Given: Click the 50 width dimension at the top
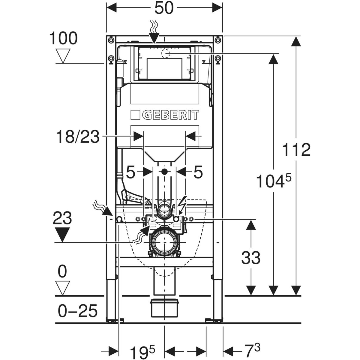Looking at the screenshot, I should [164, 8].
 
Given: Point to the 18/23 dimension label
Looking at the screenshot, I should [78, 137].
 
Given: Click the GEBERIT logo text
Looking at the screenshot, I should [165, 115].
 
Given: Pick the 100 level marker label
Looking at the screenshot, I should [63, 38].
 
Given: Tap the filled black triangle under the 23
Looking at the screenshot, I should [62, 235].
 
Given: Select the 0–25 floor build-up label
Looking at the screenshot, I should [77, 311].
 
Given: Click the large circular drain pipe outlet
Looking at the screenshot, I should [164, 242].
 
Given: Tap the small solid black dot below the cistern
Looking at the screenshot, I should [164, 172].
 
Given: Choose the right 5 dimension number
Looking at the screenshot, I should [198, 172].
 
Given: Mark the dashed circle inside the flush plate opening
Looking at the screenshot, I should [165, 53].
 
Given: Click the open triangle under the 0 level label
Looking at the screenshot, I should [63, 288].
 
